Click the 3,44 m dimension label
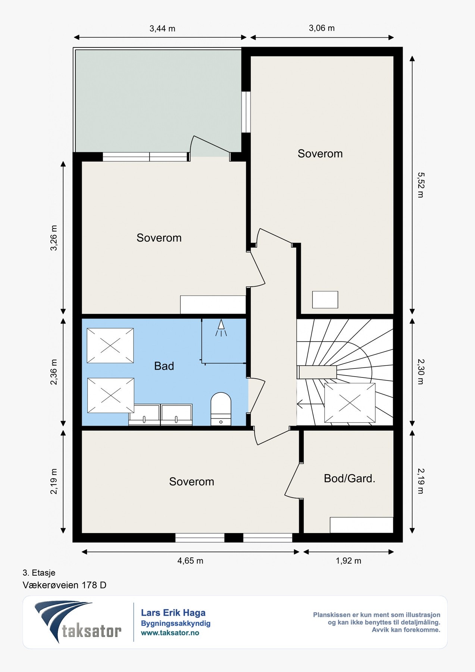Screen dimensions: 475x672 point(162,28)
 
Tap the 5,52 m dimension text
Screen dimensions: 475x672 point(421,185)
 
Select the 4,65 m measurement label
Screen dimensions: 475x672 point(190,561)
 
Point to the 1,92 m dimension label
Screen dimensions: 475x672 point(349,561)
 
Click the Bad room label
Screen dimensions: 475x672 point(164,366)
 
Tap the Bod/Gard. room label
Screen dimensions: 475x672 point(350,478)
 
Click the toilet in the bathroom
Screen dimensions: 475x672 point(221,409)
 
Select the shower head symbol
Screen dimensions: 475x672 point(221,328)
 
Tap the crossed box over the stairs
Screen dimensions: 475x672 point(350,403)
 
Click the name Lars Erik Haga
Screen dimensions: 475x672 point(173,613)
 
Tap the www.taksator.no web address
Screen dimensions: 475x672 point(170,633)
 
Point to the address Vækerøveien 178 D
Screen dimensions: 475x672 point(65,585)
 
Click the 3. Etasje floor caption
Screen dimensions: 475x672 point(39,573)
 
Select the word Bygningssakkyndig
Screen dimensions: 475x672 point(176,623)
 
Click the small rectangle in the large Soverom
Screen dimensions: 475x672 point(325,300)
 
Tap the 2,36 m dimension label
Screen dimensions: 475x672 point(54,372)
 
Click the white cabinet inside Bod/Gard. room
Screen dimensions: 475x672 point(362,525)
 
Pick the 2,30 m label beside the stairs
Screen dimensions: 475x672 point(421,372)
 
